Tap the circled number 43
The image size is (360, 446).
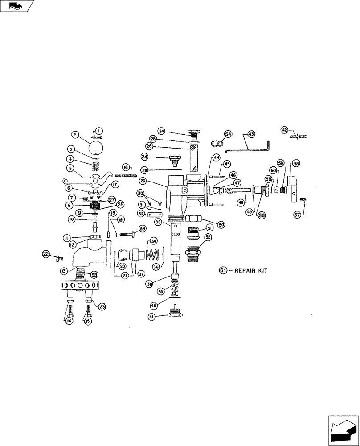click(x=251, y=134)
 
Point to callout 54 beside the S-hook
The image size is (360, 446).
click(x=228, y=134)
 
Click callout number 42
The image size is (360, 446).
click(x=285, y=130)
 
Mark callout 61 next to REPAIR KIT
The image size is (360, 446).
click(x=223, y=270)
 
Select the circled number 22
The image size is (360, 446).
click(x=46, y=254)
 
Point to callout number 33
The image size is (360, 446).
click(x=142, y=228)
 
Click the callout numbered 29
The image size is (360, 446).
click(x=143, y=181)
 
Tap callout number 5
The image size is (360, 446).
click(x=70, y=169)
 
